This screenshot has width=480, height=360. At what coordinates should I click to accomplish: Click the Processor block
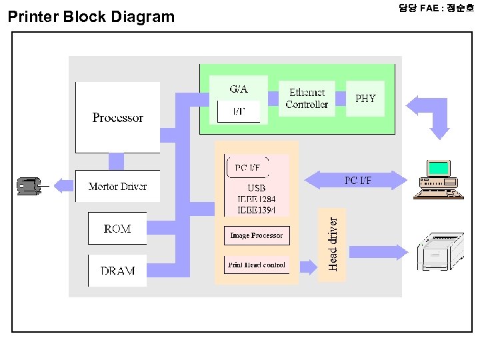117,117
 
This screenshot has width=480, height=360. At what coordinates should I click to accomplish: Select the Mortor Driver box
117,186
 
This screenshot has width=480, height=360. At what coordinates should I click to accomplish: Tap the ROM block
117,229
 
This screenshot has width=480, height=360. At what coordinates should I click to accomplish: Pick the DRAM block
117,271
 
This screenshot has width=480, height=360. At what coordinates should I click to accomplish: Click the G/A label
239,89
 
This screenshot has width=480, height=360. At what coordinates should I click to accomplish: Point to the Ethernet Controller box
307,99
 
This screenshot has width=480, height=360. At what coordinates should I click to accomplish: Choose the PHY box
365,99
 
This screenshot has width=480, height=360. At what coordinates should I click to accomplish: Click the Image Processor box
256,235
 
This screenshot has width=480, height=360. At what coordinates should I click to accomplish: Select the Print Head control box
256,265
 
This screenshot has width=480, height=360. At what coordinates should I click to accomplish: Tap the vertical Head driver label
333,240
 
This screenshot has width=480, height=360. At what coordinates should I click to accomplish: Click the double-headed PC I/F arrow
356,181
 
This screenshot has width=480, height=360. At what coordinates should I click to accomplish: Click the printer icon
440,251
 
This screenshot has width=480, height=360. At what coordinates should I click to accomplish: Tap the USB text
256,188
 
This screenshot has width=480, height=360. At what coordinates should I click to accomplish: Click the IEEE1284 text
256,199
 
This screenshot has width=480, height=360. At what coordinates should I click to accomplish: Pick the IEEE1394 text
256,209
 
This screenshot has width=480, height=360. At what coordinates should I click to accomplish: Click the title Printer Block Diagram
91,17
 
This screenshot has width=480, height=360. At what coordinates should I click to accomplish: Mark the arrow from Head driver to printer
377,252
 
